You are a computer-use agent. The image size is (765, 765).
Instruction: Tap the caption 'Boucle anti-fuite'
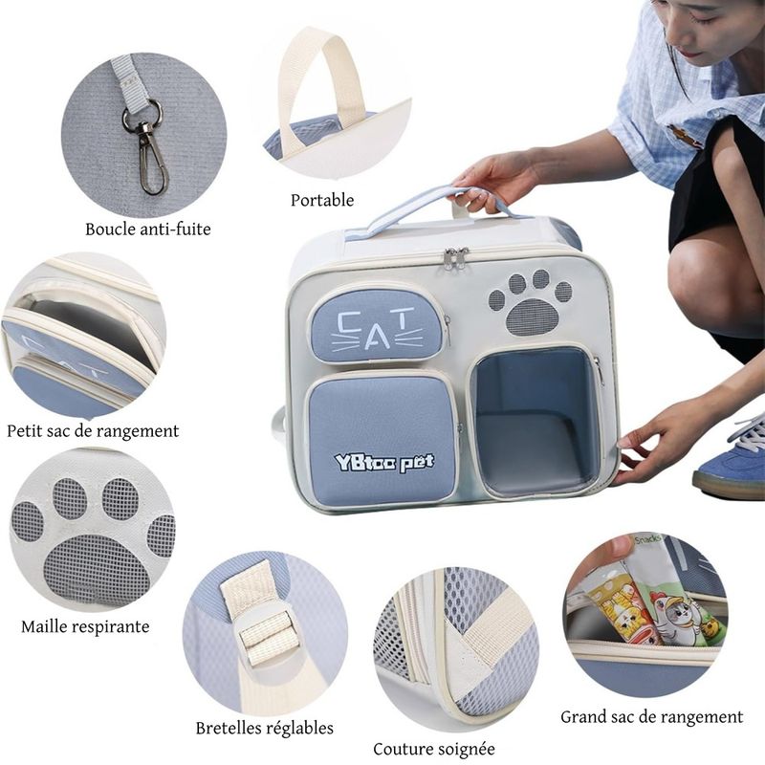tap(148, 229)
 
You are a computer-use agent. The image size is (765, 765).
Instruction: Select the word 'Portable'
tap(322, 200)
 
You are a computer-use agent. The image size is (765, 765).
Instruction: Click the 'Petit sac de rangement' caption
tap(93, 431)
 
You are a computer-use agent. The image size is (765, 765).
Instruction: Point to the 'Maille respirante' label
tap(85, 626)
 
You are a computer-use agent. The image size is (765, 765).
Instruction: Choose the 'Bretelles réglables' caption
tap(265, 728)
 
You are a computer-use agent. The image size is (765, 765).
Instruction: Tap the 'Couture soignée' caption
tap(434, 749)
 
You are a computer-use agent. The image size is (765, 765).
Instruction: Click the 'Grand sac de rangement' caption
tap(652, 716)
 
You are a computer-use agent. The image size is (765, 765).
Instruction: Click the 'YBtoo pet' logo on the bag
tap(384, 462)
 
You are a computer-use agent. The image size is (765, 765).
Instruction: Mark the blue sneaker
tap(730, 456)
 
